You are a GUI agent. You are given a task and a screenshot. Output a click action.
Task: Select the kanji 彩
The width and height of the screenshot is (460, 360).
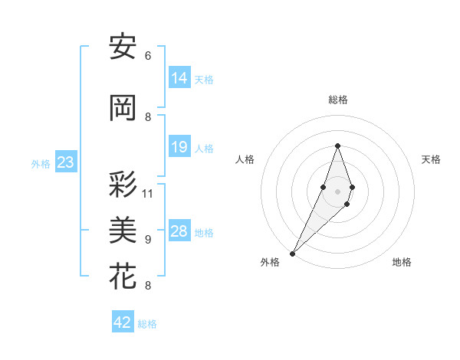coord(123,185)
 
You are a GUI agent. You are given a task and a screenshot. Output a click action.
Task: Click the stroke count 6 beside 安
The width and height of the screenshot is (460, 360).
coord(148,56)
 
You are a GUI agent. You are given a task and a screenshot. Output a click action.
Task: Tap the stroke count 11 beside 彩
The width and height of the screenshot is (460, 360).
coord(148,193)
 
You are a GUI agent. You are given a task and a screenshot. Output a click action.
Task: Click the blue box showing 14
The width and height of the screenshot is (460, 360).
coord(179,78)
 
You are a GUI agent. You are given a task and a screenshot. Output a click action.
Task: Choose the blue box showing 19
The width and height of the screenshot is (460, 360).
coord(179,147)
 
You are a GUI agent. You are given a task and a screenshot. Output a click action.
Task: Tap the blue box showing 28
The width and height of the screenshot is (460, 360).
coord(179,231)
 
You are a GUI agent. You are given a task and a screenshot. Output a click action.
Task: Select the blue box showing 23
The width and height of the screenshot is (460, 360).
coord(65,162)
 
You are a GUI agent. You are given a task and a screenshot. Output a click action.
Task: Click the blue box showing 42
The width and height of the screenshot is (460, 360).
coord(123,322)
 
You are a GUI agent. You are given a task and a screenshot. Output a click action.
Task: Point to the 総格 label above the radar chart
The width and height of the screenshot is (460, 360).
coord(337,100)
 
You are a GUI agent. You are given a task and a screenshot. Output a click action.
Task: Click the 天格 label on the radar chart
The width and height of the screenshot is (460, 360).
coord(431,159)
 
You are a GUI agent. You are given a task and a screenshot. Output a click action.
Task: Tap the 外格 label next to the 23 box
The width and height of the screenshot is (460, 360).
coord(41,163)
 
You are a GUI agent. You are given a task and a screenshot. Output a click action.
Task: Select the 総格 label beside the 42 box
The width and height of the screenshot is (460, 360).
coord(148,324)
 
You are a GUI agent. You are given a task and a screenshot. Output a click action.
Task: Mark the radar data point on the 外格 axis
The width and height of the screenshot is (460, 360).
coord(292,253)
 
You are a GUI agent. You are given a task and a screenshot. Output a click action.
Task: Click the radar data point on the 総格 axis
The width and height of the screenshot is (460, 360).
coord(337,146)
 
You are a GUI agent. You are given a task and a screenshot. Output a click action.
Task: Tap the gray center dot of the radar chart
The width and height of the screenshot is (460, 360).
coord(337,191)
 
